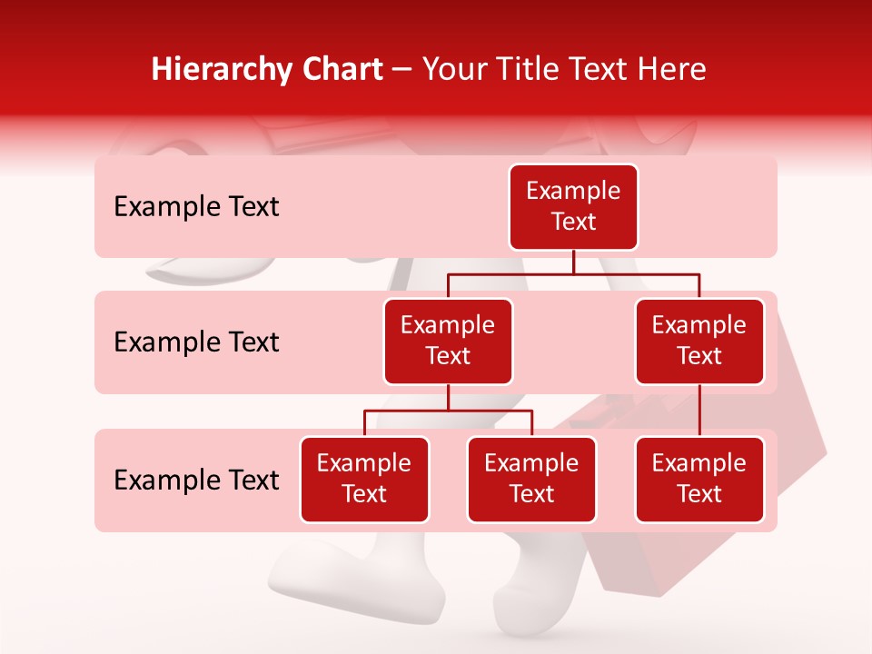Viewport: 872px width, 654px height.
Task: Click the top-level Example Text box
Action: [573, 207]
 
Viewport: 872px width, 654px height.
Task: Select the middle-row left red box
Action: [448, 342]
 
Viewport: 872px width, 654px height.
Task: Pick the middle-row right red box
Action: [699, 342]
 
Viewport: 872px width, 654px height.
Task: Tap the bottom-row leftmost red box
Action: [364, 480]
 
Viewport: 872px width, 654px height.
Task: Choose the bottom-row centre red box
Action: [531, 480]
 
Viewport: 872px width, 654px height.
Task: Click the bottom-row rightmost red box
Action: [699, 480]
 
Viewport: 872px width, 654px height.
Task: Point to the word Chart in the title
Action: [340, 70]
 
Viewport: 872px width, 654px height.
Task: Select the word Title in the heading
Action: [517, 70]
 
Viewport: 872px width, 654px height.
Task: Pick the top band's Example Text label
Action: [196, 207]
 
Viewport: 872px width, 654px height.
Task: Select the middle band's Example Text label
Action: [196, 342]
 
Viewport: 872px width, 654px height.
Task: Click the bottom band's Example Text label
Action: [196, 480]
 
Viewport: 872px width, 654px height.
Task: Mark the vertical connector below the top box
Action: [573, 262]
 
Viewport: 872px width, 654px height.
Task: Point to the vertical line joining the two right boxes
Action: [699, 411]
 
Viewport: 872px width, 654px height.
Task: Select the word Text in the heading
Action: [596, 70]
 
